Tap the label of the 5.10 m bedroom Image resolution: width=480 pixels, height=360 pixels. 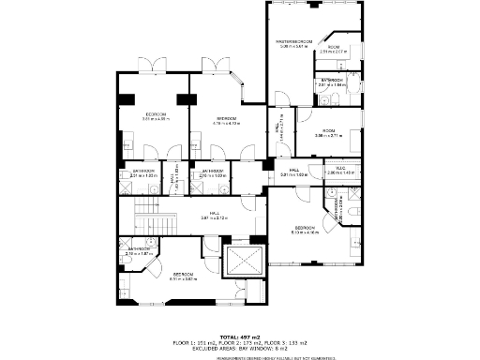pyautogui.click(x=306, y=230)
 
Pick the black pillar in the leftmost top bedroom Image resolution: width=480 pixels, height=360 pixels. pyautogui.click(x=125, y=100)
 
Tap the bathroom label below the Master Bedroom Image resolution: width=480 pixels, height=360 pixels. pyautogui.click(x=333, y=82)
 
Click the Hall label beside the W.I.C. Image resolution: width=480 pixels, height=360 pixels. pyautogui.click(x=293, y=172)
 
